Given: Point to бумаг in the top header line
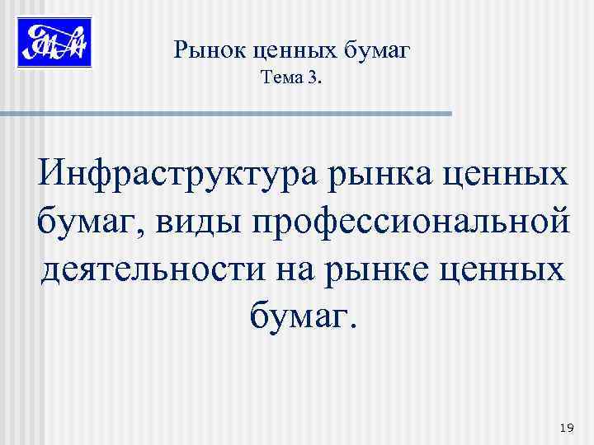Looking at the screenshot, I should coord(376,51).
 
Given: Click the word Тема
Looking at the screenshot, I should coord(281,80).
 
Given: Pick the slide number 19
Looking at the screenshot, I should coord(566,427).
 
